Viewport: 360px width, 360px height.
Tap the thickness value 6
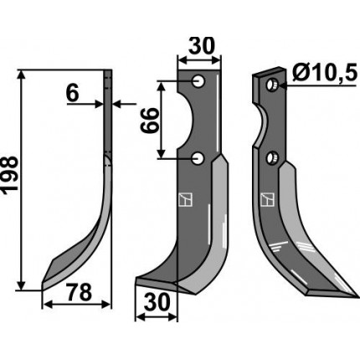(73, 94)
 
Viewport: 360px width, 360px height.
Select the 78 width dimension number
(79, 292)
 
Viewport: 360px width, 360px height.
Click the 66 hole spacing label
(149, 121)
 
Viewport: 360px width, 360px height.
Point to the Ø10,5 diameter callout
(325, 73)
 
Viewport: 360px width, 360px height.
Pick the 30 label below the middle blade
(157, 303)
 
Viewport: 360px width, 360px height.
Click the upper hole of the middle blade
(198, 81)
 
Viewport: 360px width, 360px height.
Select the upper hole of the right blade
(271, 85)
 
